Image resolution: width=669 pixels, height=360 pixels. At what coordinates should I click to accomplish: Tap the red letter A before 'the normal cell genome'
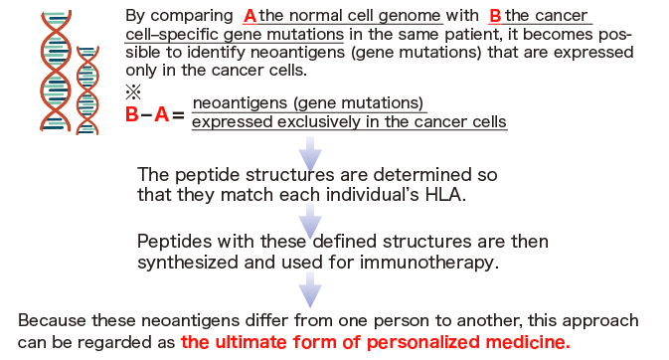250,16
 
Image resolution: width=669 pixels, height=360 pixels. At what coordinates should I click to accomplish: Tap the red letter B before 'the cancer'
495,16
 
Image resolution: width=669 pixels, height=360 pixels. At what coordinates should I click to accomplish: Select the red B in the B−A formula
132,114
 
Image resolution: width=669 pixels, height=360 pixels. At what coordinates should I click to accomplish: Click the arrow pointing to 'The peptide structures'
312,151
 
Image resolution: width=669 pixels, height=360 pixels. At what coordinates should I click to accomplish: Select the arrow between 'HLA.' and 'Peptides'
312,220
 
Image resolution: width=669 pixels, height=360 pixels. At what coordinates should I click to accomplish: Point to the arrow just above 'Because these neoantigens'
312,289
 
